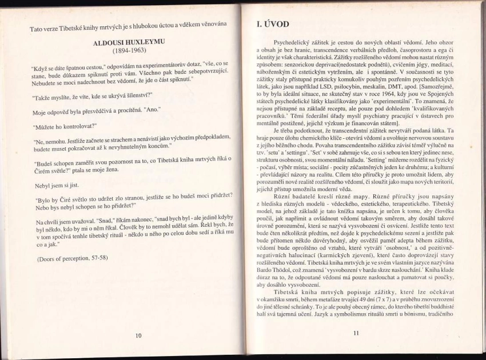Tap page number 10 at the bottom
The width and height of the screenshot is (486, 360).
[x=138, y=335]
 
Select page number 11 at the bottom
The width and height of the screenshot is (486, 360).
[x=356, y=333]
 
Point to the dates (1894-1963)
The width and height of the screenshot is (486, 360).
[x=128, y=50]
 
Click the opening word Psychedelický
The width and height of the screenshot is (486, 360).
[x=293, y=43]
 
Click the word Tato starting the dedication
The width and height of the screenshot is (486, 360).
[x=37, y=29]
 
